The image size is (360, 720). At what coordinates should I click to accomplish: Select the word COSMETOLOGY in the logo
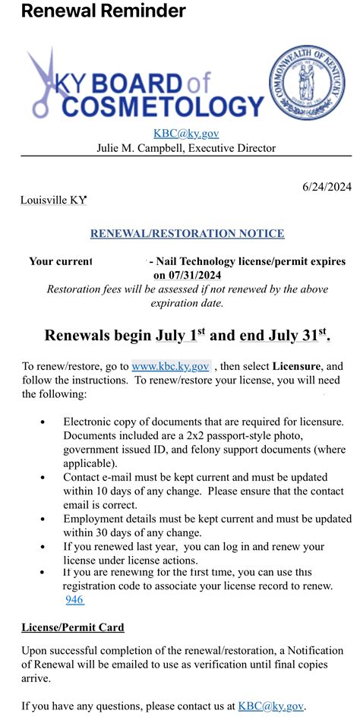[x=163, y=106]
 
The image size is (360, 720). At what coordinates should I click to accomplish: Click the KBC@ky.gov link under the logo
[x=186, y=134]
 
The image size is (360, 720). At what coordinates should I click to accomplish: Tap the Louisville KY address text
[x=53, y=201]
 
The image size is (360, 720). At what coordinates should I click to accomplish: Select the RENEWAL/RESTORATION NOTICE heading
[x=187, y=234]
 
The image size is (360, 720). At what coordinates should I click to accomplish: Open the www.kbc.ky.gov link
[x=170, y=366]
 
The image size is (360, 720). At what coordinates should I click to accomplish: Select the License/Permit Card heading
[x=72, y=627]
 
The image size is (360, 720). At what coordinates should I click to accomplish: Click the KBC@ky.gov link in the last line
[x=270, y=706]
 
